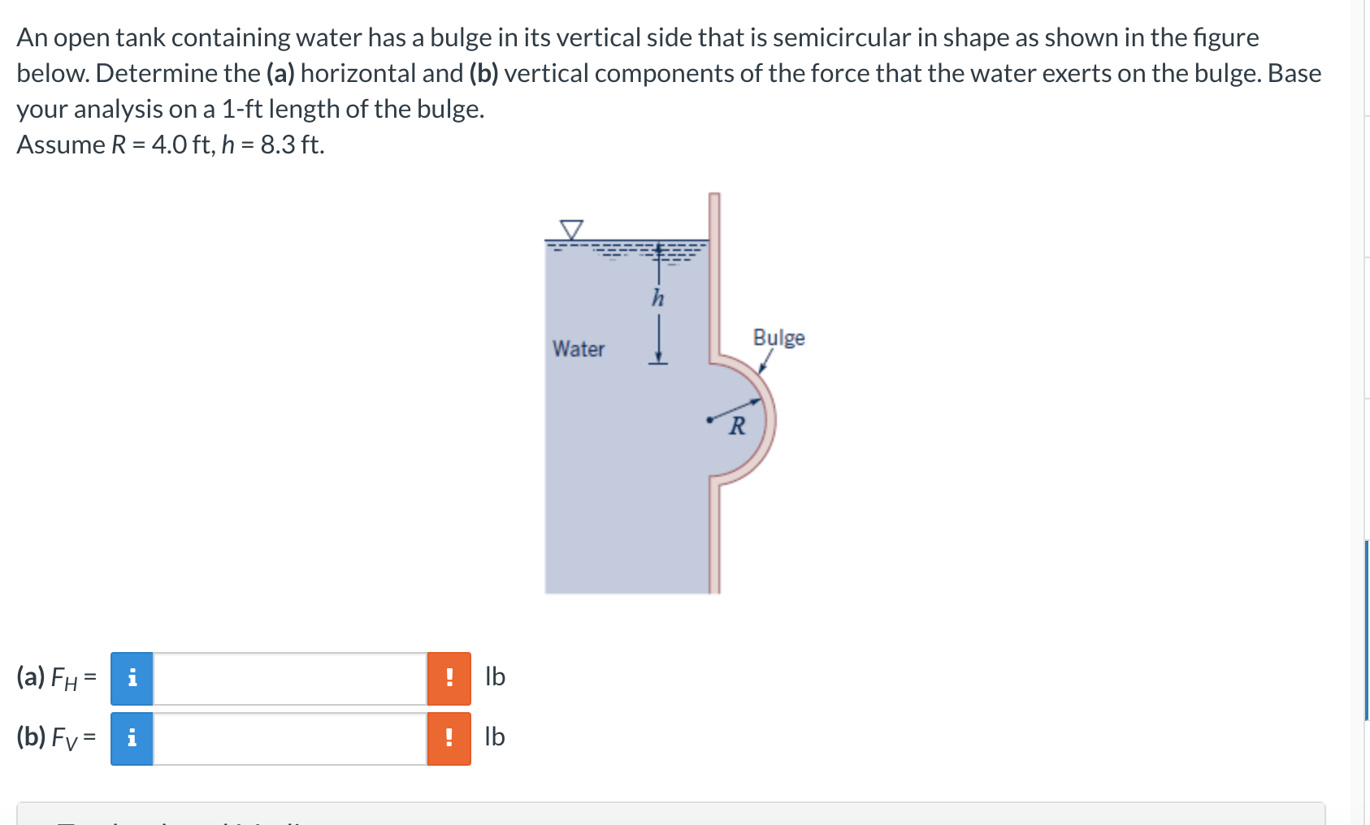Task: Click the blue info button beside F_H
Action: coord(132,678)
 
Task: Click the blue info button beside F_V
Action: coord(132,738)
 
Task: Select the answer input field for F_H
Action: coord(289,678)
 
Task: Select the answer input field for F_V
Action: coord(289,738)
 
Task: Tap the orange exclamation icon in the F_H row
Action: coord(449,678)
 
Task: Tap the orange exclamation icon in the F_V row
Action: coord(449,738)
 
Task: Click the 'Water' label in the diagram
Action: coord(579,348)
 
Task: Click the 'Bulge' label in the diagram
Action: coord(778,337)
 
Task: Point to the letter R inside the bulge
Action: coord(737,425)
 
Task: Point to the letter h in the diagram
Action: coord(657,299)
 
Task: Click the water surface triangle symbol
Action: coord(572,229)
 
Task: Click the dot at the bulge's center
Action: coord(709,420)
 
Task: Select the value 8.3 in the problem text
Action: coord(277,145)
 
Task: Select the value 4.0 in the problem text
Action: coord(169,145)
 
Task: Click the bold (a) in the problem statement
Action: coord(280,73)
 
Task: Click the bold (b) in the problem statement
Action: coord(483,73)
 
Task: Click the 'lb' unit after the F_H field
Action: coord(495,676)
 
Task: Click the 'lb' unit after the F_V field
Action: coord(495,736)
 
